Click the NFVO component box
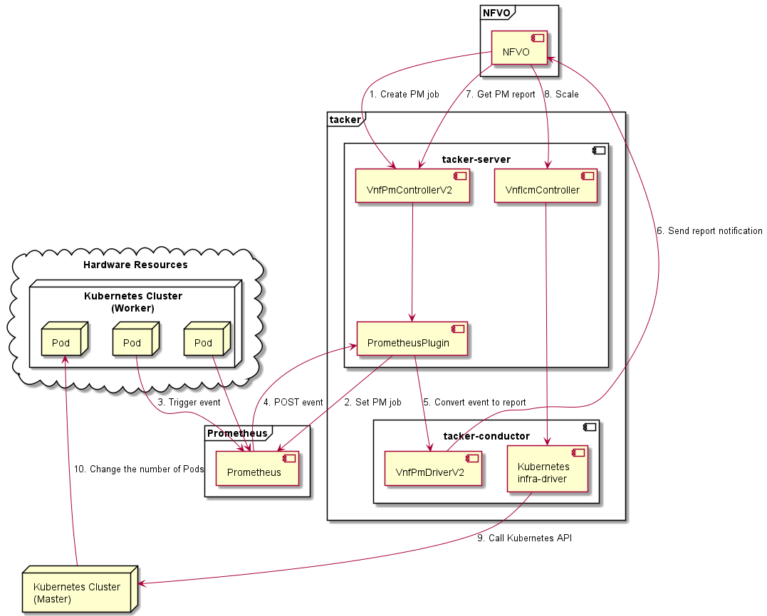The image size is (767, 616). (x=519, y=52)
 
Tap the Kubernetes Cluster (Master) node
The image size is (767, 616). (x=77, y=593)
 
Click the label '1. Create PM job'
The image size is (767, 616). (x=404, y=95)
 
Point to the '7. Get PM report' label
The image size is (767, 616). (x=499, y=95)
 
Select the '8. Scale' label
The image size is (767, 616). (x=561, y=95)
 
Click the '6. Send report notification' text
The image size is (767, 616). (x=709, y=231)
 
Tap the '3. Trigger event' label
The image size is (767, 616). (x=189, y=403)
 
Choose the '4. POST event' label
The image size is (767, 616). (x=293, y=403)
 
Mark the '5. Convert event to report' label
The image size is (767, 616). (x=474, y=403)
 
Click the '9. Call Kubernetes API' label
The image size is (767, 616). (x=524, y=538)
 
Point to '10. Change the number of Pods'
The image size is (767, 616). (x=139, y=469)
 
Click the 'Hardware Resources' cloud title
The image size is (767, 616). (x=135, y=265)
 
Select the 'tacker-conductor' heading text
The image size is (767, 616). (x=486, y=436)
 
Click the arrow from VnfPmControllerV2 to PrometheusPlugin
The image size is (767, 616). (x=413, y=263)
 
